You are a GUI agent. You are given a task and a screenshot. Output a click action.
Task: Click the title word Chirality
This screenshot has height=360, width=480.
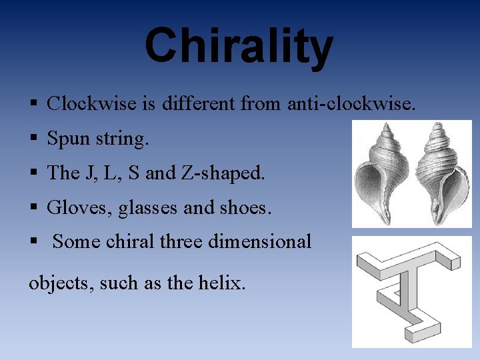239,46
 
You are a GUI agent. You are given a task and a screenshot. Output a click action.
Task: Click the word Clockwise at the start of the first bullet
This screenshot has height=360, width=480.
85,103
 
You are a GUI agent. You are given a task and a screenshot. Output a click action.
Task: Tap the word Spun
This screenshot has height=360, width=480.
69,139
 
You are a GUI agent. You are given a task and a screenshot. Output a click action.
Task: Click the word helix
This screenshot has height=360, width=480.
222,283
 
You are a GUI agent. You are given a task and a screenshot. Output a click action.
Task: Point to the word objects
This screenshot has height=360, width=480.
61,283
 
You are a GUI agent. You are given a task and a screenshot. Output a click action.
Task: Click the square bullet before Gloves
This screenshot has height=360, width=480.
33,209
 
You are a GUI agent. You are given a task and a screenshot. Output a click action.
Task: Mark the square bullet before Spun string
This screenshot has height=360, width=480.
33,139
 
